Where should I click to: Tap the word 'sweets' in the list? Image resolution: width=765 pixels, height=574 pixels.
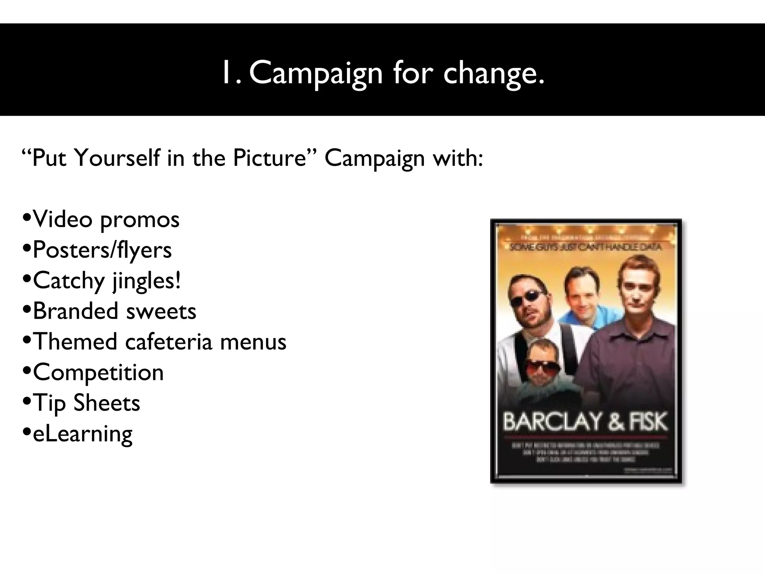coord(161,311)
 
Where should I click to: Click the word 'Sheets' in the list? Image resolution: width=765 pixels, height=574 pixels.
coord(107,403)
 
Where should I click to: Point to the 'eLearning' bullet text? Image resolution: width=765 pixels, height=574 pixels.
coord(83,434)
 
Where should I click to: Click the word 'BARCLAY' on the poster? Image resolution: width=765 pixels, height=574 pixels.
coord(551,422)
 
